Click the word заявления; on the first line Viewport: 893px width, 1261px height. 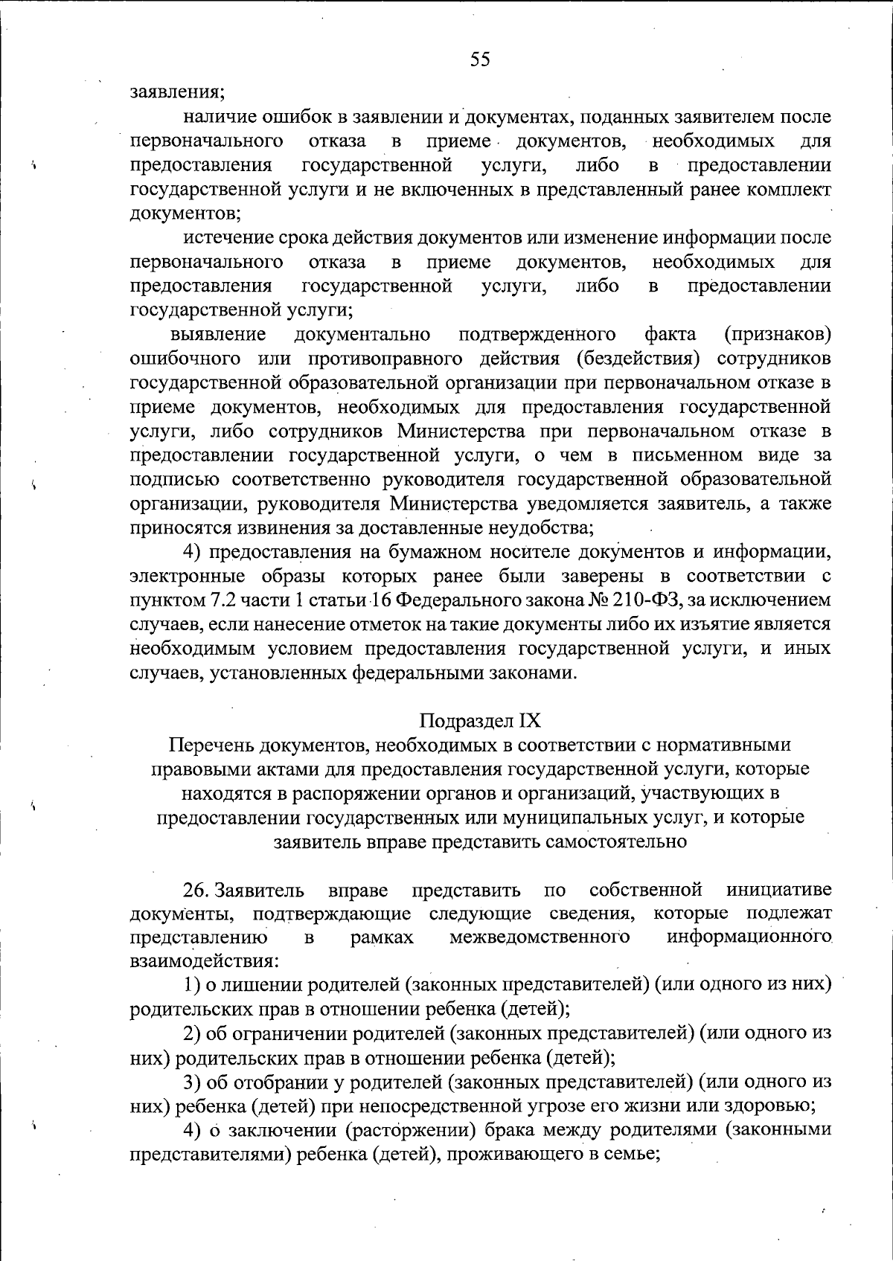tap(178, 93)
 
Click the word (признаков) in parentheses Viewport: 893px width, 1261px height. tap(778, 334)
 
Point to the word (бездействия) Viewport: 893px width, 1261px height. tap(638, 359)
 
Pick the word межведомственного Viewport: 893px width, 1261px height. tap(540, 938)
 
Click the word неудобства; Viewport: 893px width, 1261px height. tap(533, 528)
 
